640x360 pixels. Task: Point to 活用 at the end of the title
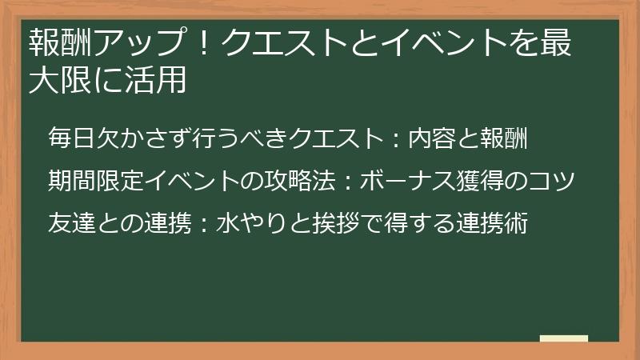click(156, 81)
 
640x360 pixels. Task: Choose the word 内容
click(433, 138)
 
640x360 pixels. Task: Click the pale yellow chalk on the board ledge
click(564, 338)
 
